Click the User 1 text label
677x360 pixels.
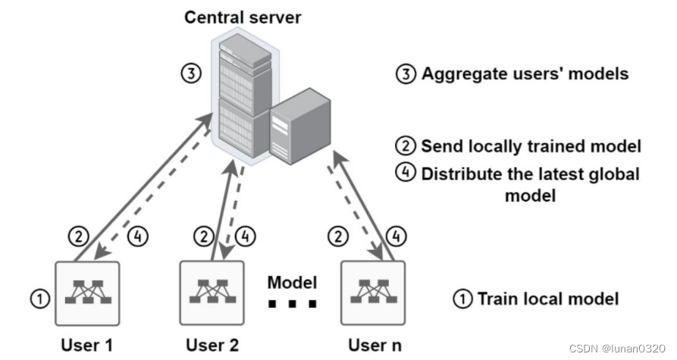click(x=86, y=345)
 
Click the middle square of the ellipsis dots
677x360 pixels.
click(x=291, y=305)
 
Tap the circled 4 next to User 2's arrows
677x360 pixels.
click(x=243, y=236)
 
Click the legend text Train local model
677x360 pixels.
click(x=547, y=299)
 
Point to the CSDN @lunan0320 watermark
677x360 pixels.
click(x=616, y=347)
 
